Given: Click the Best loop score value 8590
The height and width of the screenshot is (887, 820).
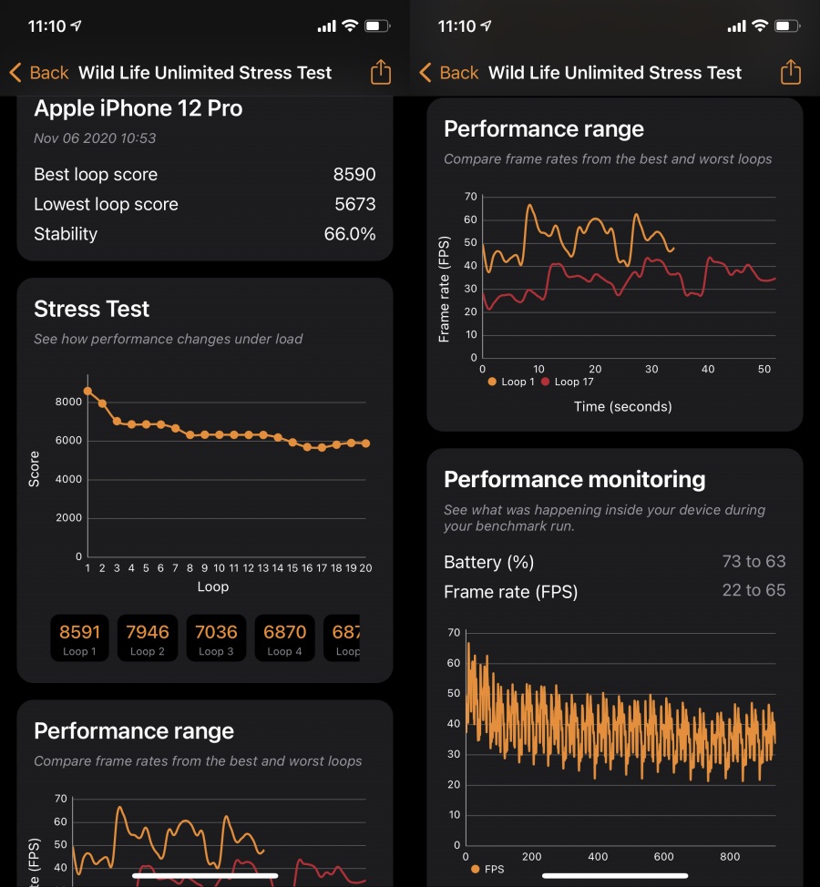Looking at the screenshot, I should [x=354, y=175].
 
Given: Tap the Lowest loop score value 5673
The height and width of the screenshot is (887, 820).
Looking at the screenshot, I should [x=354, y=205].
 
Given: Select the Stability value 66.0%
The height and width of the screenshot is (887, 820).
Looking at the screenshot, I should [x=350, y=234].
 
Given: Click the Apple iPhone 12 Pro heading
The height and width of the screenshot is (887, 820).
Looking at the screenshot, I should [x=138, y=108].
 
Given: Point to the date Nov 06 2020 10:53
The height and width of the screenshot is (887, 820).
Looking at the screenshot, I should [x=95, y=138].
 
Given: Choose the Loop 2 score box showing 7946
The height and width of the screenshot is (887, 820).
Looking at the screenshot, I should [x=149, y=637].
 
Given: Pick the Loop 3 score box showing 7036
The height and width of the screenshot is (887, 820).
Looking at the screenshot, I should [x=216, y=637].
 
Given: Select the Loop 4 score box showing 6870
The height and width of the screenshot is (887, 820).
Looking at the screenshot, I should [x=283, y=637].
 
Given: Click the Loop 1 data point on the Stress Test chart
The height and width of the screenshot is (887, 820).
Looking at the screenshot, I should [x=87, y=391].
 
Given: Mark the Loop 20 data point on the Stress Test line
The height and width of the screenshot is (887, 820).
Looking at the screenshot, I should [x=365, y=443].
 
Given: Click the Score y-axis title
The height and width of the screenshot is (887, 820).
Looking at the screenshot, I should [x=34, y=469].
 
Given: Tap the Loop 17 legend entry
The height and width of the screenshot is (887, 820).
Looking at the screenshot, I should [x=568, y=382].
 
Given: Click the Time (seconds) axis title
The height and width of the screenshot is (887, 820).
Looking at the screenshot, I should [x=623, y=407].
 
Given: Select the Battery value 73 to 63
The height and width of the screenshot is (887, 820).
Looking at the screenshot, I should [x=753, y=562].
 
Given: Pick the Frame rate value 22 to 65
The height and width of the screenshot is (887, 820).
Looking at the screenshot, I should [x=753, y=591].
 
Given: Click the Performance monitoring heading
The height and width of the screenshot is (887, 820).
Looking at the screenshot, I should [x=574, y=480].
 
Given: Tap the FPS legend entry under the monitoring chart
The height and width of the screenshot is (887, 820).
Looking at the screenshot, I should [x=489, y=870].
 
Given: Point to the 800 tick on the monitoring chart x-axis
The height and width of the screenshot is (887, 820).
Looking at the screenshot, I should [x=729, y=857].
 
